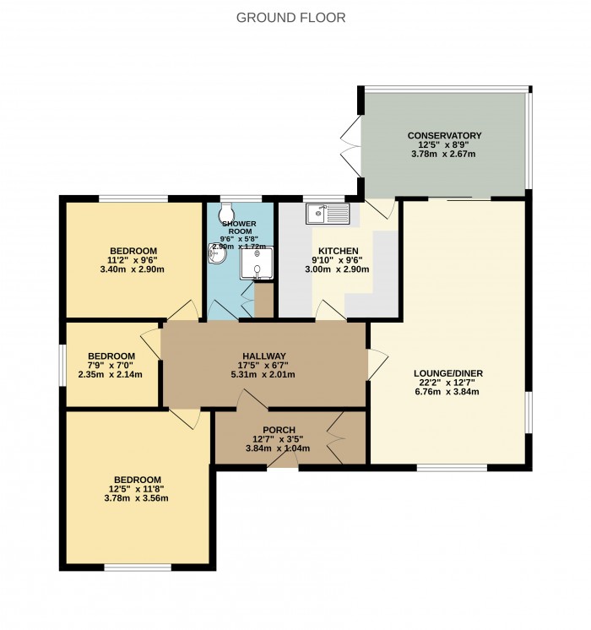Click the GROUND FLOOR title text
(x=290, y=17)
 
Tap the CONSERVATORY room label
(x=444, y=135)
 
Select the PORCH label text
(x=278, y=429)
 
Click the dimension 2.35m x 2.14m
(x=111, y=375)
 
